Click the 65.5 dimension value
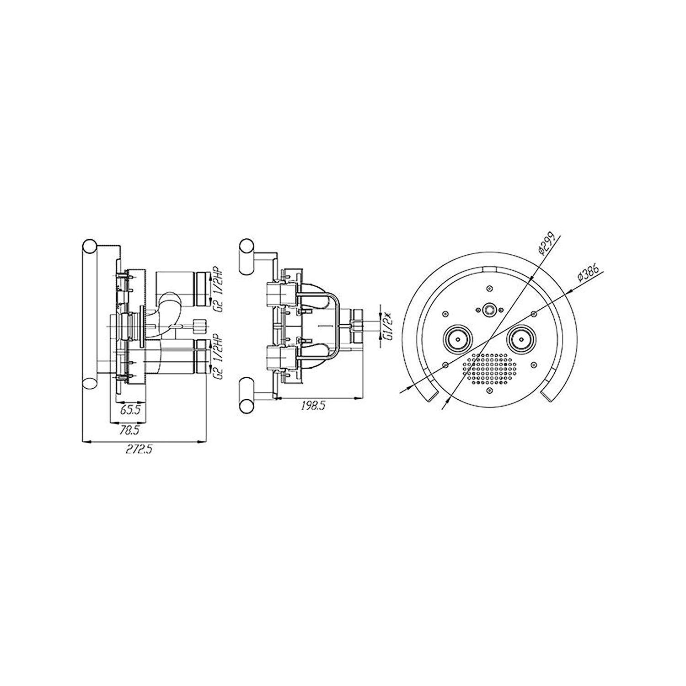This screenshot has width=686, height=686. click(130, 410)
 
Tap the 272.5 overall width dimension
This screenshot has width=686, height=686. click(139, 450)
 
